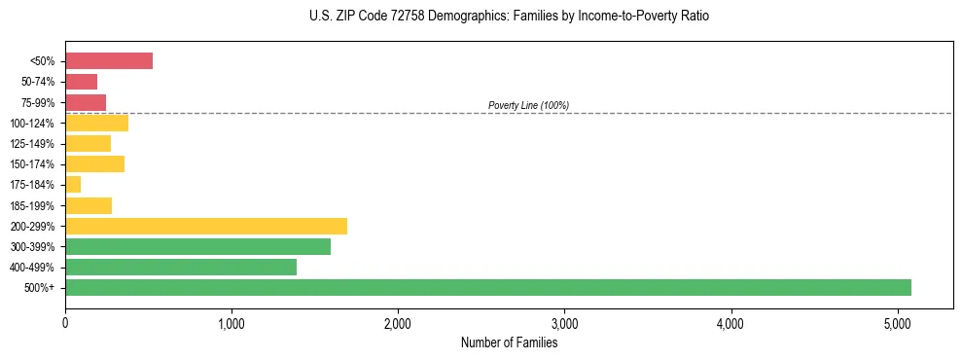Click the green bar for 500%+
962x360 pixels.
coord(487,287)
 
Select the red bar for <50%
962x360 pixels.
coord(109,60)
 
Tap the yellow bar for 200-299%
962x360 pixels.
coord(206,226)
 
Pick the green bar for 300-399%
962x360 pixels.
coord(197,246)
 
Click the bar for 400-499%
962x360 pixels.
coord(181,267)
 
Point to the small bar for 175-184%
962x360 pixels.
coord(73,185)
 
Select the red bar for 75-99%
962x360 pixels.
coord(86,102)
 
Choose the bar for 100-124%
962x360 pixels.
coord(96,123)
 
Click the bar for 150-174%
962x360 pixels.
coord(94,163)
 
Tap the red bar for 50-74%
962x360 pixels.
coord(81,82)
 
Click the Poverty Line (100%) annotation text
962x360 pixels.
coord(528,105)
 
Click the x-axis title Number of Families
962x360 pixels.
coord(509,342)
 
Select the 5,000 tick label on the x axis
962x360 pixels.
coord(897,323)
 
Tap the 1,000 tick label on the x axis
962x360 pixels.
coord(232,323)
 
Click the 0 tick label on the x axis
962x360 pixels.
coord(65,323)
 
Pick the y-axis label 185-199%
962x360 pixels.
coord(33,205)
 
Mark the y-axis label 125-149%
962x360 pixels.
coord(33,143)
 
